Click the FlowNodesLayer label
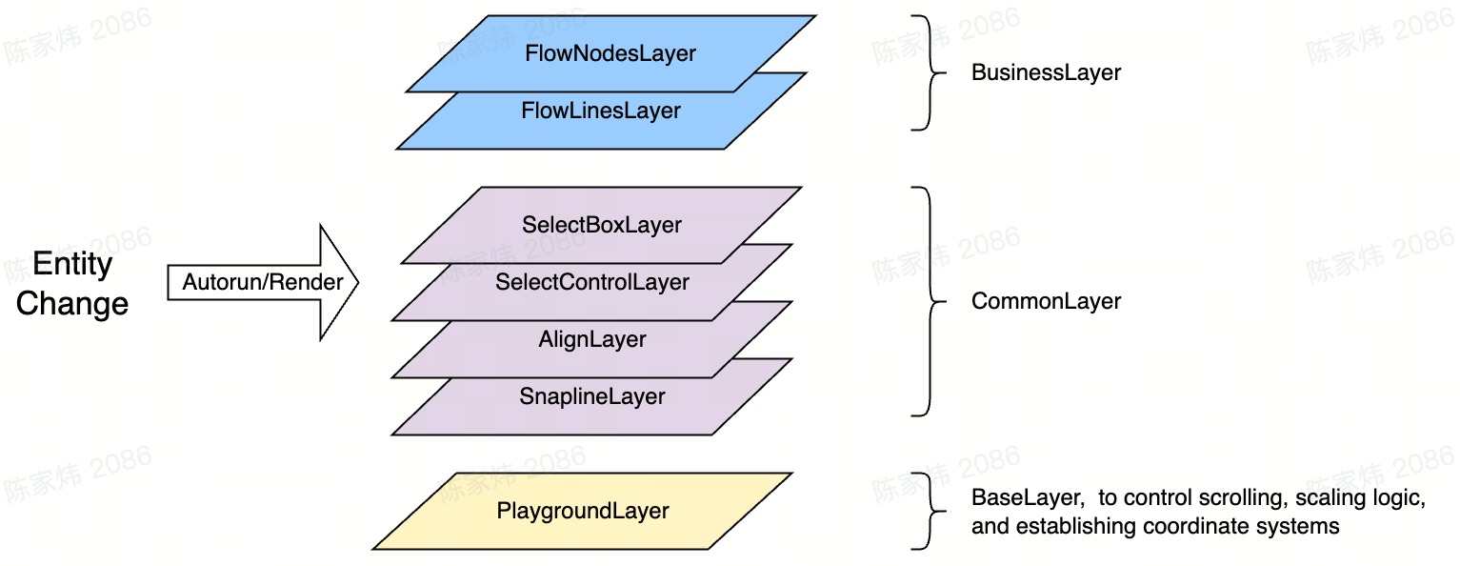(x=610, y=53)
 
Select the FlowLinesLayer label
(x=601, y=111)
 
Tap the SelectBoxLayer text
(x=602, y=225)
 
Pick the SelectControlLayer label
(x=592, y=282)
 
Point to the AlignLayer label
(x=592, y=339)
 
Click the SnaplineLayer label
(x=592, y=396)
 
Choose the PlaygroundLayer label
(x=583, y=511)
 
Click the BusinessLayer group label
(x=1046, y=72)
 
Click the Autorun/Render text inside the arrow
(x=263, y=282)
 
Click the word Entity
(x=72, y=264)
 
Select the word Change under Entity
(x=72, y=304)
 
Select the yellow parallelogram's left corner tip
(x=374, y=548)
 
